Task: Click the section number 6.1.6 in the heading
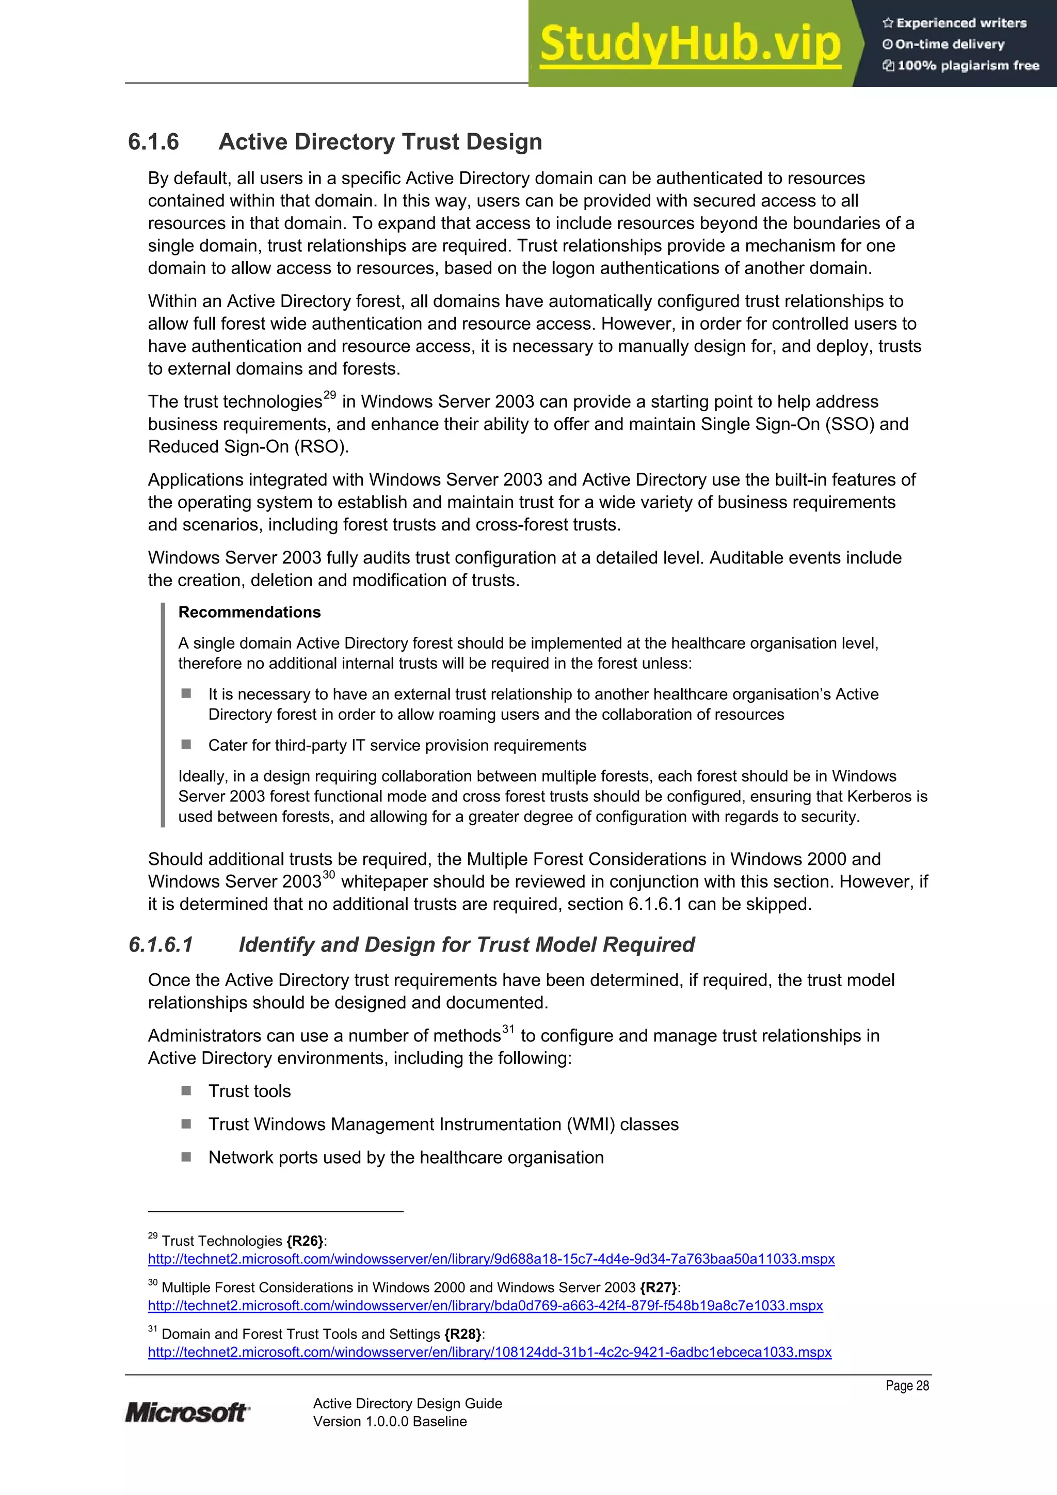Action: [x=153, y=142]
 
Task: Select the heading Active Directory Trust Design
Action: [x=380, y=142]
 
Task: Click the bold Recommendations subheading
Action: [x=249, y=612]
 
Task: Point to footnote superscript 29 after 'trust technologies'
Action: [x=330, y=395]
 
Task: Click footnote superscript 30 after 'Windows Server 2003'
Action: [x=328, y=875]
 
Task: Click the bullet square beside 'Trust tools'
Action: [x=186, y=1090]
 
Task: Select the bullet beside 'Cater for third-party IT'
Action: [x=186, y=744]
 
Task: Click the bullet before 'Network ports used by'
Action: [x=186, y=1157]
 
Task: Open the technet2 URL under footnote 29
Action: [x=491, y=1259]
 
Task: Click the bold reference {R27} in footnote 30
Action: [x=659, y=1287]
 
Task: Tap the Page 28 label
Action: [x=907, y=1386]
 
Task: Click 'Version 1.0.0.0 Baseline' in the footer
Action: [x=390, y=1421]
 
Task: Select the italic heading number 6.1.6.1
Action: [x=161, y=944]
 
